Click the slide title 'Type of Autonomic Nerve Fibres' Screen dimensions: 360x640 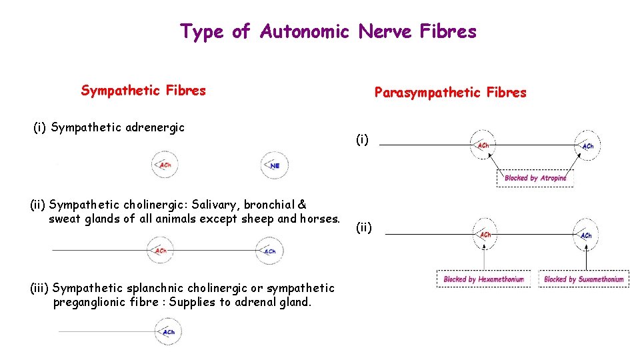point(328,31)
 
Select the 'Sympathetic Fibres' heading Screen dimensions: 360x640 point(143,90)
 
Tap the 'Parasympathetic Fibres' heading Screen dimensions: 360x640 point(450,93)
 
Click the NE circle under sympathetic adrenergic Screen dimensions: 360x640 point(274,165)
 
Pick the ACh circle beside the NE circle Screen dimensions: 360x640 point(165,165)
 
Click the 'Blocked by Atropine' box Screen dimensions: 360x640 point(535,178)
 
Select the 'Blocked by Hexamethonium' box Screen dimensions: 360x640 point(483,279)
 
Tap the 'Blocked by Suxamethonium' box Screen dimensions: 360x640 point(583,279)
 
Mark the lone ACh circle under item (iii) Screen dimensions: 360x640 point(167,331)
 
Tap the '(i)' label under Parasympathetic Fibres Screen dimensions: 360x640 point(361,139)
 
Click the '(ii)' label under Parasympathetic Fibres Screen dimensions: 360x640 point(363,228)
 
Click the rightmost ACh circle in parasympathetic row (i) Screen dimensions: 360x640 point(587,145)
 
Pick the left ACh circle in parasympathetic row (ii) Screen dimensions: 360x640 point(485,234)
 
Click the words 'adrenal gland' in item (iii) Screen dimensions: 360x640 point(276,302)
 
